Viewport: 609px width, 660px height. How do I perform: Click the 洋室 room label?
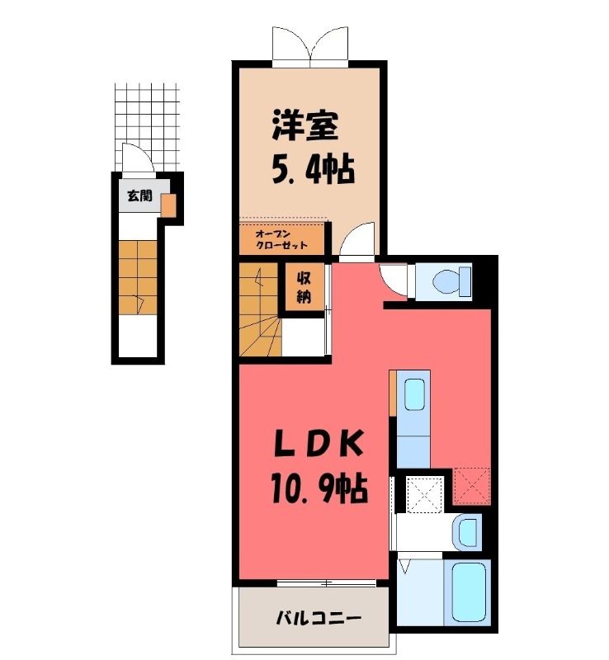click(305, 125)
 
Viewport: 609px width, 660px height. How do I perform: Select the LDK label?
click(318, 445)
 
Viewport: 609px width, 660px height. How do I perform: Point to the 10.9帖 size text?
click(319, 488)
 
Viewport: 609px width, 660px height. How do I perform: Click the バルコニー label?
click(319, 618)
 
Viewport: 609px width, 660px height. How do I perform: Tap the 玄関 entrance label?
click(139, 196)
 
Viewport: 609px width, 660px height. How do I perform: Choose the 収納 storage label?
click(304, 287)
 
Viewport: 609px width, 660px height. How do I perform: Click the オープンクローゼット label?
click(281, 240)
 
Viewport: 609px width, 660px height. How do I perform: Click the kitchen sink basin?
click(414, 394)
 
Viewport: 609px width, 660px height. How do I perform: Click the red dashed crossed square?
click(472, 486)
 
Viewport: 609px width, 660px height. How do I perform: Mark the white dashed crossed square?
click(424, 493)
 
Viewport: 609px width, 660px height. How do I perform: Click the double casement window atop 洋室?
click(310, 44)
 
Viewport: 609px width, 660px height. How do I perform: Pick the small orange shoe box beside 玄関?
click(168, 205)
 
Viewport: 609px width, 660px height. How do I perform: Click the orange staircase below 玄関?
click(138, 276)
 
